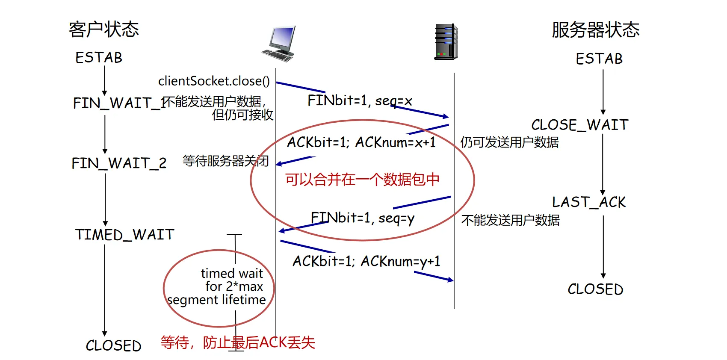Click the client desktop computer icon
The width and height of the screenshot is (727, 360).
tap(279, 44)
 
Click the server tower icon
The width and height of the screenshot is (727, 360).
tap(446, 42)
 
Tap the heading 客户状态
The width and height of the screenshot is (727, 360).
tap(104, 30)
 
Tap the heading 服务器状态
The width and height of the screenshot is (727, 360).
tap(595, 30)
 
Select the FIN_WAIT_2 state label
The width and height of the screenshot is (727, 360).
tap(119, 163)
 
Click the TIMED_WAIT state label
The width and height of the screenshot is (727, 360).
tap(124, 234)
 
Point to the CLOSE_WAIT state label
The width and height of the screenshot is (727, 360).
tap(579, 125)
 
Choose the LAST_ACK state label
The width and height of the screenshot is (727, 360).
tap(588, 202)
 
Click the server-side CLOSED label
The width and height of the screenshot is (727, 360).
tap(595, 289)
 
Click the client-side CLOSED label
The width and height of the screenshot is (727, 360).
tap(113, 345)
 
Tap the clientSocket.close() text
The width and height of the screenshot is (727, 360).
tap(214, 81)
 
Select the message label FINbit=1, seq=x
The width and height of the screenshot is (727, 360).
tap(359, 101)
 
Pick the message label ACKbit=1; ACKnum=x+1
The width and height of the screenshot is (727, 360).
tap(361, 142)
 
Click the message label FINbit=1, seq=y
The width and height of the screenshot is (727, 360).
tap(362, 218)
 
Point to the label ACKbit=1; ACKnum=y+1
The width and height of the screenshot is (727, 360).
tap(366, 261)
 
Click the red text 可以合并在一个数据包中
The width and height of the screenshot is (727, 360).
tap(362, 180)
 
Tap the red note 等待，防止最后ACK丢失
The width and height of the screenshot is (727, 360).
tap(238, 342)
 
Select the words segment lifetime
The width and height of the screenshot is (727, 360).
tap(216, 300)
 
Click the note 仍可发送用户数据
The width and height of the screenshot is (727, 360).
tap(509, 142)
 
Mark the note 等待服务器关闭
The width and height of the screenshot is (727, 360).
tap(225, 161)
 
